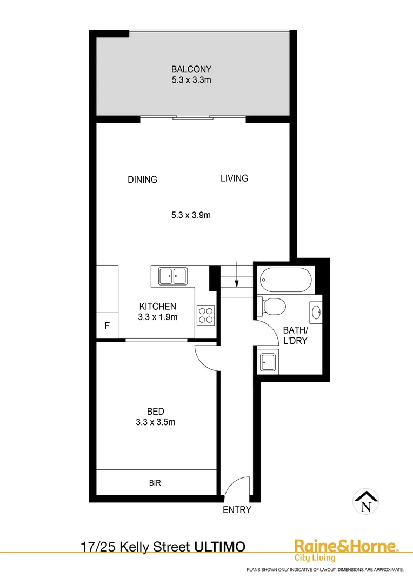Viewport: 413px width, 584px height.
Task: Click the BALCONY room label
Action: point(191,69)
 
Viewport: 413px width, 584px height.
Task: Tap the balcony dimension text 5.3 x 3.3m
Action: point(191,80)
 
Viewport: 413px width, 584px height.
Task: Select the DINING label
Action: point(142,180)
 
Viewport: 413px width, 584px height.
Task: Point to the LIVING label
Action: point(234,178)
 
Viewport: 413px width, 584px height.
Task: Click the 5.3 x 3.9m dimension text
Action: point(190,215)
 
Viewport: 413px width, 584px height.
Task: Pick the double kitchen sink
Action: point(172,276)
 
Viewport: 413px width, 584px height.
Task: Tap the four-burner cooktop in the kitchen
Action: point(205,314)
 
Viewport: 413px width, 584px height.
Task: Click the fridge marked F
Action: point(107,326)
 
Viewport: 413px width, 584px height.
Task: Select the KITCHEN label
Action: point(157,307)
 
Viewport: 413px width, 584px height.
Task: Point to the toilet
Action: point(272,307)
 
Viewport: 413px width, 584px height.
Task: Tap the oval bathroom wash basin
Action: point(316,311)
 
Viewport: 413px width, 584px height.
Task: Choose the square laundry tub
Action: point(269,361)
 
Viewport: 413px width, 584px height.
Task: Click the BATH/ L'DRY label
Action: point(295,335)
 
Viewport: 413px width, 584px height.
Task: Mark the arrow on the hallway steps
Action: point(237,282)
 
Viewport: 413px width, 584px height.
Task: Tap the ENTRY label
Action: point(237,509)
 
